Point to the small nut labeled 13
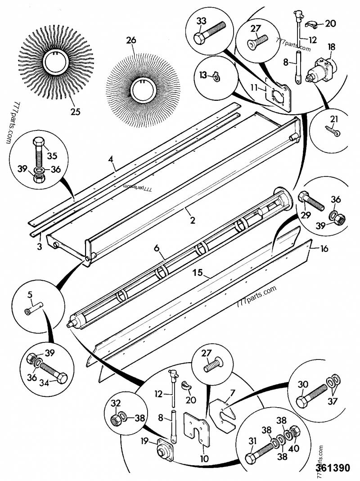click(216, 78)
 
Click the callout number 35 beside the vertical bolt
click(52, 156)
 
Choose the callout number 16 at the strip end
click(324, 248)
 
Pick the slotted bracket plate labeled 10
click(198, 428)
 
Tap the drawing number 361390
click(333, 468)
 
